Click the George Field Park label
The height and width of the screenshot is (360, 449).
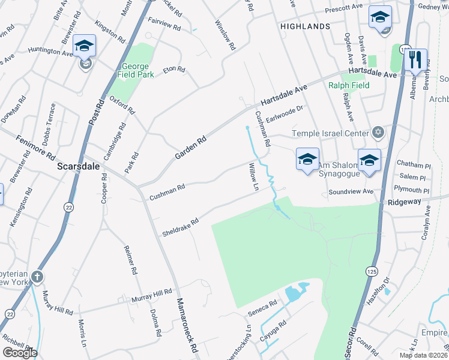tap(137, 70)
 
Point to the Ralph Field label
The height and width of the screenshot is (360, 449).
tap(349, 85)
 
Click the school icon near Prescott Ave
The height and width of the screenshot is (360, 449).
tap(380, 17)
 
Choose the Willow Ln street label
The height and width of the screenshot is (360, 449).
tap(253, 177)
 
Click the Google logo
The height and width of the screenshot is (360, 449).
tap(20, 353)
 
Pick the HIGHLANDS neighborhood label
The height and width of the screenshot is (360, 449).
tap(305, 26)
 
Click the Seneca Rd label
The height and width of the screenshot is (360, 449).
tap(262, 309)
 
